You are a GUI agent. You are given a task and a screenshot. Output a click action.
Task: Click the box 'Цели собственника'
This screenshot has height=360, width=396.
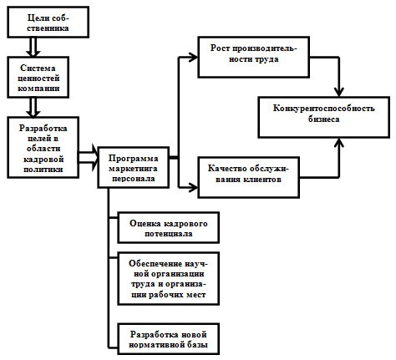(x=48, y=23)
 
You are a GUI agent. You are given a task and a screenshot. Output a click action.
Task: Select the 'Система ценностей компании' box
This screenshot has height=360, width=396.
(x=38, y=78)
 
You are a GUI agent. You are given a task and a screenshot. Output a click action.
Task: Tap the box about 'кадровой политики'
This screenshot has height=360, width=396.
(x=43, y=148)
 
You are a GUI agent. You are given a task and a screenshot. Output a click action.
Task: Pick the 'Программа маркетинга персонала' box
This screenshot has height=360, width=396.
(x=133, y=168)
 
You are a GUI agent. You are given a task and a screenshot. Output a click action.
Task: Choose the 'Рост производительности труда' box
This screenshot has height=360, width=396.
(x=253, y=57)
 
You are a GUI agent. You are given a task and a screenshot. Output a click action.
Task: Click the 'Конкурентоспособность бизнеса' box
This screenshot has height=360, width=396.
(x=323, y=117)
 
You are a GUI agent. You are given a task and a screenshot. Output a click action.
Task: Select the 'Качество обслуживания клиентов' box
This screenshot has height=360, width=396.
(x=248, y=177)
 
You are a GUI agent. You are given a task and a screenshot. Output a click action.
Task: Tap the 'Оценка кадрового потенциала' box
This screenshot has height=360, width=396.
(x=168, y=228)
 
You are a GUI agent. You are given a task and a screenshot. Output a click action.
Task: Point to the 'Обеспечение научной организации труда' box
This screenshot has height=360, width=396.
(x=168, y=279)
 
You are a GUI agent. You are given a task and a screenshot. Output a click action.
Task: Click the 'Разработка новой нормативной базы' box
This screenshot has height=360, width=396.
(x=168, y=339)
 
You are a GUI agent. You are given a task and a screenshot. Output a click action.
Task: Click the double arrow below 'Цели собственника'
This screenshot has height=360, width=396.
(x=33, y=48)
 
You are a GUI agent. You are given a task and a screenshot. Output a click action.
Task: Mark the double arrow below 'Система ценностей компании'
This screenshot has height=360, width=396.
(x=33, y=108)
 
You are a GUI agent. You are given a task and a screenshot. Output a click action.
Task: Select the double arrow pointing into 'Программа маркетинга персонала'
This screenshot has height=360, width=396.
(x=89, y=158)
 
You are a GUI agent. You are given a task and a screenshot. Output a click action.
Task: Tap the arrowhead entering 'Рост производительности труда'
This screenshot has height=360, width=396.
(x=193, y=58)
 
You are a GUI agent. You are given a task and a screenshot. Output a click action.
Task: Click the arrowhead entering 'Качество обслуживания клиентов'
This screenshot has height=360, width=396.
(x=193, y=187)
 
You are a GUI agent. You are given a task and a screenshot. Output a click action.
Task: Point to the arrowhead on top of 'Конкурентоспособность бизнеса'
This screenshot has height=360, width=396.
(x=339, y=92)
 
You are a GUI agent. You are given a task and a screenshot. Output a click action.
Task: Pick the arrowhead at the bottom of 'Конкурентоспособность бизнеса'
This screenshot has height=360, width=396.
(x=339, y=143)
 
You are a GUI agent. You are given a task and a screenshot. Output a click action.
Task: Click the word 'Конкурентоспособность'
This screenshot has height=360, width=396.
(x=323, y=109)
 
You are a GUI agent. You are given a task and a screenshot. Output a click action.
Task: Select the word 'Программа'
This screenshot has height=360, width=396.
(x=133, y=159)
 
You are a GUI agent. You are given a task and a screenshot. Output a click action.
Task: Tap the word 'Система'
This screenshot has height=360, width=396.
(x=38, y=68)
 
